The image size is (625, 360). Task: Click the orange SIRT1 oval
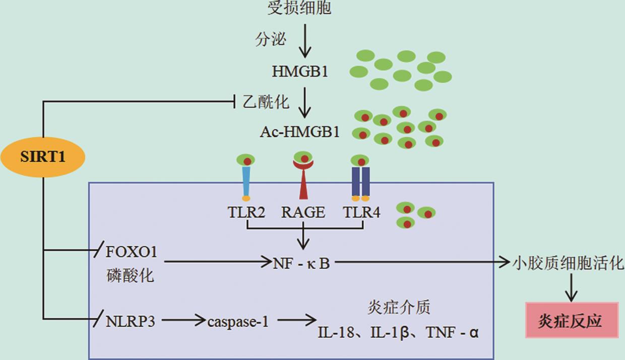point(43,157)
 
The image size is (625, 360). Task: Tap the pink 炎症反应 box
point(572,321)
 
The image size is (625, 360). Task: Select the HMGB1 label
point(300,72)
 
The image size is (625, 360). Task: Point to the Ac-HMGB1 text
point(300,132)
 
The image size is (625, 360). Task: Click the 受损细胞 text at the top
point(299,8)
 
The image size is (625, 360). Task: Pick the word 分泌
point(271,39)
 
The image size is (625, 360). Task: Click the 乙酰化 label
point(266,102)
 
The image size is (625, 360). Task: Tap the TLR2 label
point(246,212)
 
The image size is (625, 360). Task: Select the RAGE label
point(303,212)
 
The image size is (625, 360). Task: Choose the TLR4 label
point(361,212)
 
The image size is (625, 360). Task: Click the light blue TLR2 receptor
point(246,182)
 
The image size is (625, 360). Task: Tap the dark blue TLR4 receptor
point(360,182)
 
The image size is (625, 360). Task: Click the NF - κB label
point(301,263)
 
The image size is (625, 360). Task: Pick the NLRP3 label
point(130,321)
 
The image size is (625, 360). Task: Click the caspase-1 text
point(238,321)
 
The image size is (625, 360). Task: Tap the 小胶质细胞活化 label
point(569,263)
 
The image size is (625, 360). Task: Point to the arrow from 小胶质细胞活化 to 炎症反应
point(571,289)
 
